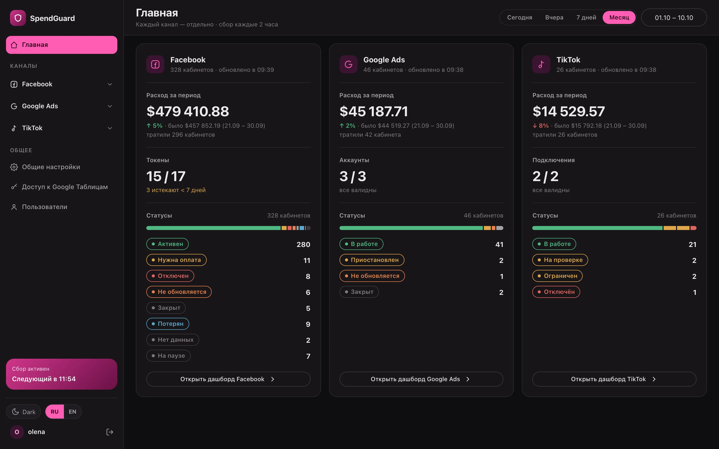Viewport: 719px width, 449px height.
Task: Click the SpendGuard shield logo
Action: point(18,18)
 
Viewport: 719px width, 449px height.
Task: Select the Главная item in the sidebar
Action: point(61,45)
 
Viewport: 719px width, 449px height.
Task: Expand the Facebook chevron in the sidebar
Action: point(110,84)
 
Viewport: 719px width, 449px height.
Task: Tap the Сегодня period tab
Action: point(519,17)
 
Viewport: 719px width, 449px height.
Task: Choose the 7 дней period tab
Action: point(586,17)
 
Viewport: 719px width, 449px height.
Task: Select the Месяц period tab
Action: point(619,17)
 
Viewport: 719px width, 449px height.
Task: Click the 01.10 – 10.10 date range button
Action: point(674,17)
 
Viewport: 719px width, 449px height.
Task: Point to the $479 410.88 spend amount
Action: point(188,111)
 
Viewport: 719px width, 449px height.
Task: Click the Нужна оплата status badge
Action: point(176,260)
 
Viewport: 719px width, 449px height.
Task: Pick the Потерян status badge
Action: point(168,324)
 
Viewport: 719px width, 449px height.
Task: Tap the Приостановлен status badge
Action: point(372,260)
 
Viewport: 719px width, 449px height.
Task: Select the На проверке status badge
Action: point(560,260)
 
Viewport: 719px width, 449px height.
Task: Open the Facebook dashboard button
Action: point(228,379)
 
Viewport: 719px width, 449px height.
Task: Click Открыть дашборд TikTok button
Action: point(614,379)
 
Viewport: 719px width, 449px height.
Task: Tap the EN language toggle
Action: point(72,412)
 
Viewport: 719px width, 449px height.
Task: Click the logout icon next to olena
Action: point(110,432)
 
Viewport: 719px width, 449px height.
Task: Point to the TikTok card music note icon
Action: point(541,64)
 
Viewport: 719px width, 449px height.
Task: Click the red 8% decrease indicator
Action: point(540,126)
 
